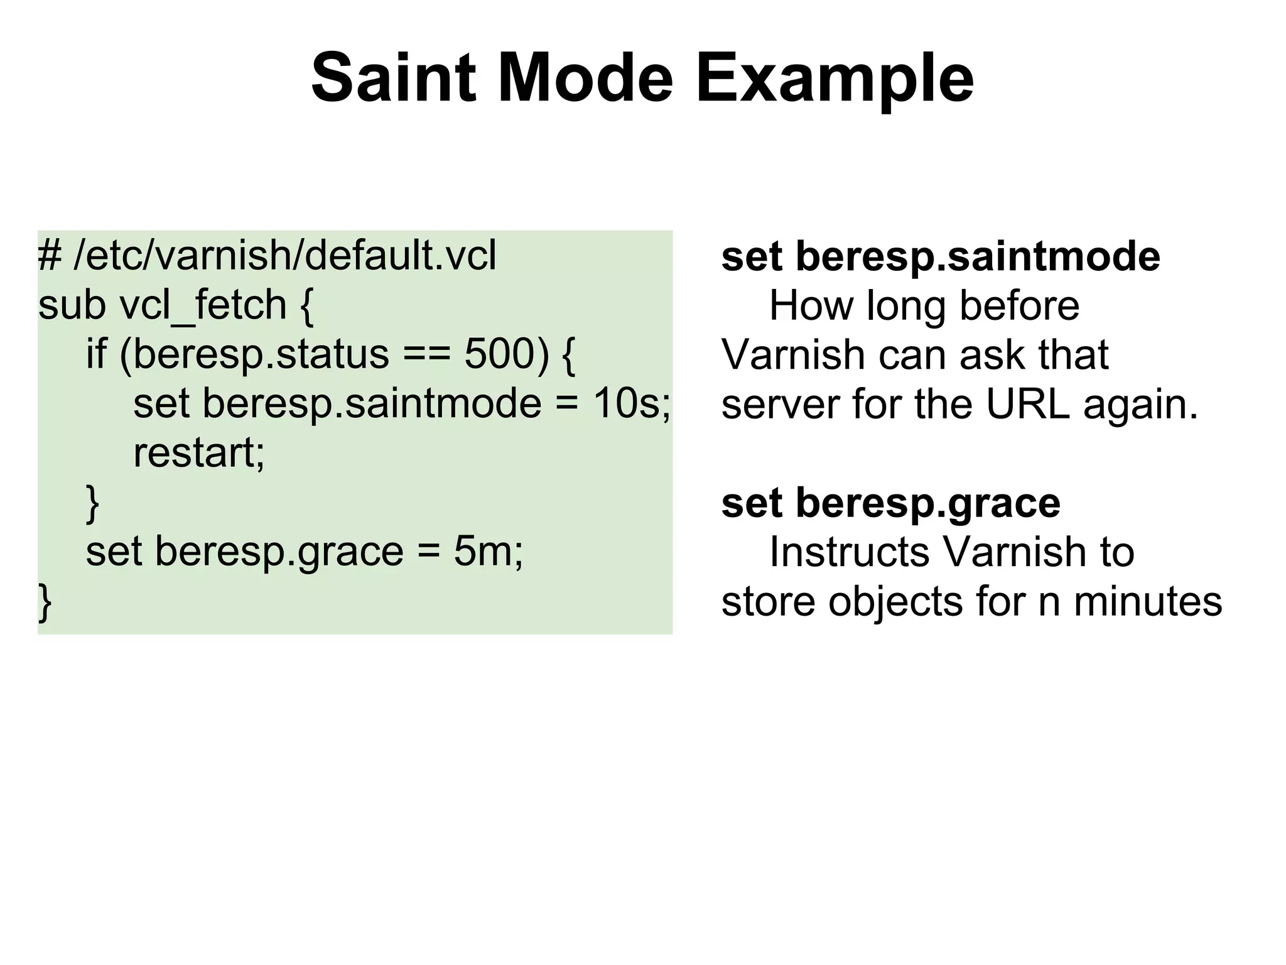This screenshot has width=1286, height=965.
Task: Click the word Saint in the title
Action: point(392,79)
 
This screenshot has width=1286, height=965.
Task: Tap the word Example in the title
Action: point(835,79)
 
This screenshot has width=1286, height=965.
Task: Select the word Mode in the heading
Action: point(585,79)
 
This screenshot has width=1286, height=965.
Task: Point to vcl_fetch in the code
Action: point(203,305)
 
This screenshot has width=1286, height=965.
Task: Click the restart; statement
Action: point(199,452)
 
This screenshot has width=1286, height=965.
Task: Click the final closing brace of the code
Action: point(45,602)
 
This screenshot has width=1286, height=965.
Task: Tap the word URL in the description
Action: point(1027,404)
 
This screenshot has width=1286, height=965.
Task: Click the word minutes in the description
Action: point(1148,601)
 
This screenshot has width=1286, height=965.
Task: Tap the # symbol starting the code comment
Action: point(49,256)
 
